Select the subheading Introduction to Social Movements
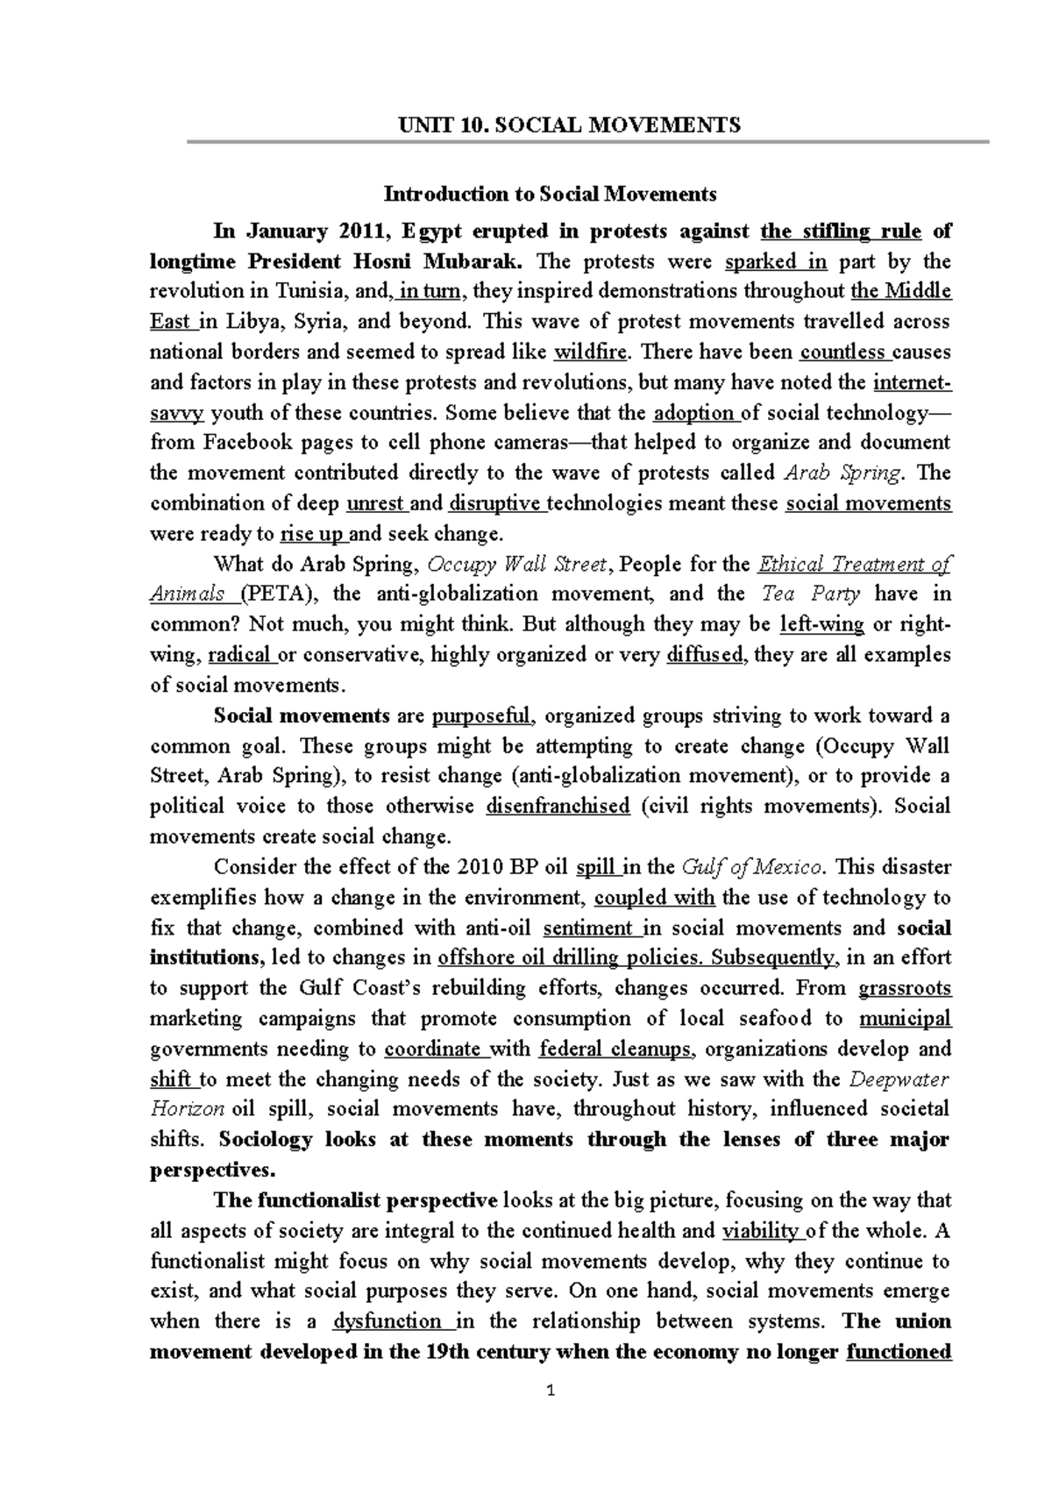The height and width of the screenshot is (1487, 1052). (x=550, y=193)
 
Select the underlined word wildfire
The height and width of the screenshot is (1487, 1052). (x=592, y=352)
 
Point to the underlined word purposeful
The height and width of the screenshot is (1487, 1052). (x=482, y=715)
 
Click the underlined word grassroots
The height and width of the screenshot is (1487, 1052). (x=905, y=988)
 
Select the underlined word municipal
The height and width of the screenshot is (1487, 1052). (x=905, y=1019)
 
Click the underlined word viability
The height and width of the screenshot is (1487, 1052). (x=758, y=1231)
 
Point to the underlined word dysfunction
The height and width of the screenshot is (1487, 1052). (x=387, y=1321)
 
